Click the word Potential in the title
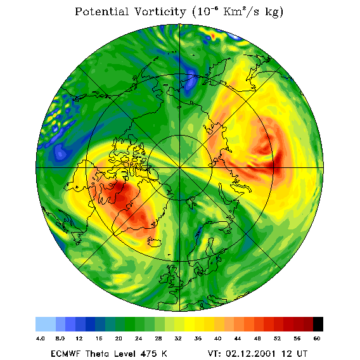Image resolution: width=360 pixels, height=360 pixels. click(102, 12)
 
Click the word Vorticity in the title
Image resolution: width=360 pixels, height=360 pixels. click(160, 12)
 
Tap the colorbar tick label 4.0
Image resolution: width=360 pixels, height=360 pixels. click(41, 338)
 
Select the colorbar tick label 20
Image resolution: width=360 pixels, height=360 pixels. click(119, 338)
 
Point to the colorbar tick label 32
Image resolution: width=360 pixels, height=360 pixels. click(178, 338)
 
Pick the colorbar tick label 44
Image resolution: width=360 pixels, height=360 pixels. click(238, 338)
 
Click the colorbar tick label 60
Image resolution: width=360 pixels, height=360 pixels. click(317, 338)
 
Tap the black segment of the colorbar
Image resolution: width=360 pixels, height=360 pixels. click(318, 324)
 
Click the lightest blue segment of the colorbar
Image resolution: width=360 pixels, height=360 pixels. click(46, 324)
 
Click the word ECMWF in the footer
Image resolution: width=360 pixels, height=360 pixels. click(65, 354)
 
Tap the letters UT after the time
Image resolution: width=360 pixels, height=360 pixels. click(302, 354)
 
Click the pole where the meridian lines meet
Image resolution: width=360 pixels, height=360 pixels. click(180, 168)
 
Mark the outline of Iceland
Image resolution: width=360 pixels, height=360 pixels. click(154, 242)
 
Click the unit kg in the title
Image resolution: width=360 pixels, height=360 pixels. click(274, 13)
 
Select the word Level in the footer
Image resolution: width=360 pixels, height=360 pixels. click(125, 354)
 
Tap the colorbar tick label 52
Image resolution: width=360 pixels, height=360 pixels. click(277, 338)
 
